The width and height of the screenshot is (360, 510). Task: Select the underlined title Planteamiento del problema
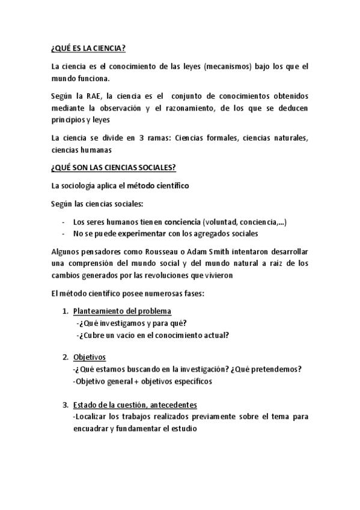coord(122,311)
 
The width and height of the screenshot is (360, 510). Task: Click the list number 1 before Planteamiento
coord(65,311)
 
